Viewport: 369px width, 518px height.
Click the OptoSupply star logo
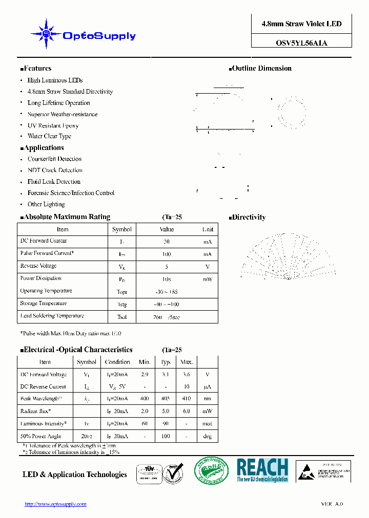46,34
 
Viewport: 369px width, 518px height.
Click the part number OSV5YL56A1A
301,43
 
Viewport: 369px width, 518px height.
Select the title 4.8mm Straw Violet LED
301,24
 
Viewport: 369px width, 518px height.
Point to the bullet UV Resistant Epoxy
53,125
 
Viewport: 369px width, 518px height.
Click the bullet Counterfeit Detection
54,159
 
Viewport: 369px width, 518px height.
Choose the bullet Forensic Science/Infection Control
71,193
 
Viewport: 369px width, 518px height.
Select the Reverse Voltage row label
38,266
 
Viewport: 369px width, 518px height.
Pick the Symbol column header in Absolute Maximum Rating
122,229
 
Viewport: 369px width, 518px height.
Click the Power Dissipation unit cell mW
207,279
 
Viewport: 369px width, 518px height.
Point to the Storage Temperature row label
43,304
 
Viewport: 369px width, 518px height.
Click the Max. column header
187,362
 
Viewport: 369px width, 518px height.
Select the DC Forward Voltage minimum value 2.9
145,375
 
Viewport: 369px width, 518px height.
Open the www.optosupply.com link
55,504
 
